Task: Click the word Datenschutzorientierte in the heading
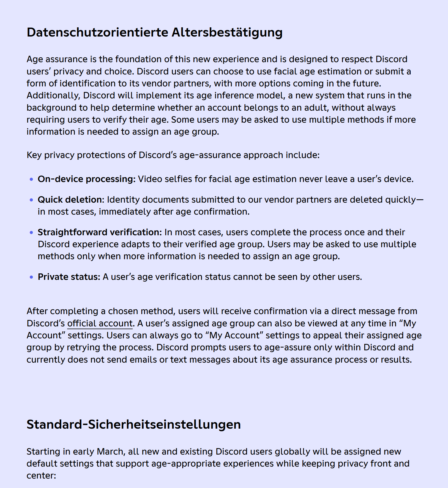coord(97,32)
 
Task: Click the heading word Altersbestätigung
coord(227,32)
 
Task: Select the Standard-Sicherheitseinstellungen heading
coord(134,424)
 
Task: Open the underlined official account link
coord(100,323)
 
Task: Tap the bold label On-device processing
coord(86,179)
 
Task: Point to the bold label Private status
coord(69,277)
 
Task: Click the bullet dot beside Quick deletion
coord(31,200)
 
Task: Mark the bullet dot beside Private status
coord(31,277)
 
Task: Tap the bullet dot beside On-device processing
coord(31,179)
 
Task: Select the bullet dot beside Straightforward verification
coord(31,232)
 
